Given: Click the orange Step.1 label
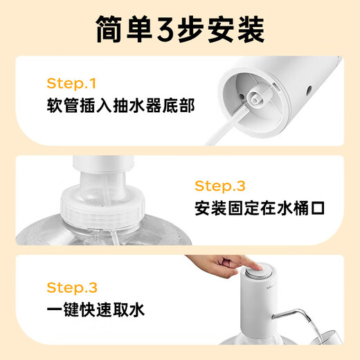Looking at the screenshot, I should point(71,84).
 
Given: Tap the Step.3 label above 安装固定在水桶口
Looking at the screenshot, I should point(220,186).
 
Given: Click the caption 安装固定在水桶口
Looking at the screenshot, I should point(260,208).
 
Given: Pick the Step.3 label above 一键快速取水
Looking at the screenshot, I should point(71,287).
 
